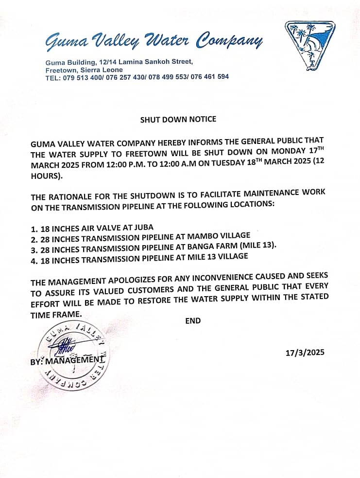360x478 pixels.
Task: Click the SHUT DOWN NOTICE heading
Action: coord(178,119)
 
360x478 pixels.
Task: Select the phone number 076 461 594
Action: coord(209,77)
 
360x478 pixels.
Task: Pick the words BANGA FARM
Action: coord(215,246)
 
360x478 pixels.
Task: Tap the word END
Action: coord(193,321)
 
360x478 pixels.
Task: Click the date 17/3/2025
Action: coord(305,353)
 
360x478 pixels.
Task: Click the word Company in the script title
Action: coord(228,43)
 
